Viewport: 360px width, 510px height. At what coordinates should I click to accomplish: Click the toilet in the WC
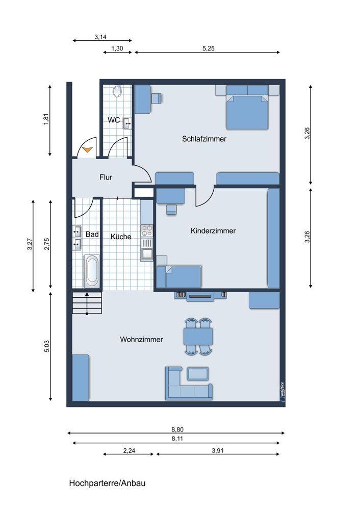click(x=117, y=91)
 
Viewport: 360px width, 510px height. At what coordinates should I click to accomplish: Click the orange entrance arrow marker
click(x=88, y=149)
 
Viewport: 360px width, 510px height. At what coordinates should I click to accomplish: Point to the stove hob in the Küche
click(x=147, y=231)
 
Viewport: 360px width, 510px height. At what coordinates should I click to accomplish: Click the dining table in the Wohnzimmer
click(x=198, y=336)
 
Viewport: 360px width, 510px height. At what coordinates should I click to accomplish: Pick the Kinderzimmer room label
click(x=213, y=231)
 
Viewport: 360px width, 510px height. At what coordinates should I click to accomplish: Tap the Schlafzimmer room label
click(x=204, y=139)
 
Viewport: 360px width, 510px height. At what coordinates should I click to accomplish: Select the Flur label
click(x=106, y=177)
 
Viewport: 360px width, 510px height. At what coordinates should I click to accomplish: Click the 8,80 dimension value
click(x=177, y=429)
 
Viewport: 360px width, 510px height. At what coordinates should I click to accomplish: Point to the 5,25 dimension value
click(x=209, y=48)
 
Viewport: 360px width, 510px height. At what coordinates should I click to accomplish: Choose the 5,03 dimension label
click(x=47, y=346)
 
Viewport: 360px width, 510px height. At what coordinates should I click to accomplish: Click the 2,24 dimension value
click(x=129, y=451)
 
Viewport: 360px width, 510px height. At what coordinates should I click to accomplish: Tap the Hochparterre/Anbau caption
click(x=107, y=483)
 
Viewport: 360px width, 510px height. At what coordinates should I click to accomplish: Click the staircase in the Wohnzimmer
click(x=87, y=303)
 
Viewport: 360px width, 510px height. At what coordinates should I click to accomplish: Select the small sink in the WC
click(x=127, y=123)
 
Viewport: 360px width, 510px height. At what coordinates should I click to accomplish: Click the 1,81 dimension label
click(x=46, y=119)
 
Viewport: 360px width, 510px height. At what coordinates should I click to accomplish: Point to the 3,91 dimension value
click(x=218, y=451)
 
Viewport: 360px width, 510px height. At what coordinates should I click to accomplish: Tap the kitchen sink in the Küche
click(x=147, y=253)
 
